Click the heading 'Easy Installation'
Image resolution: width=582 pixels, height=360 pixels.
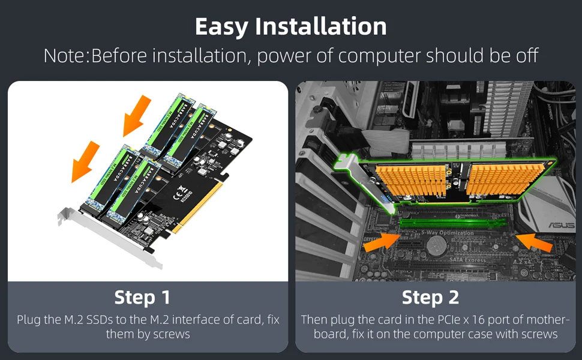point(291,27)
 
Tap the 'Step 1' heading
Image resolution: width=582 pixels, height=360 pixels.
point(142,298)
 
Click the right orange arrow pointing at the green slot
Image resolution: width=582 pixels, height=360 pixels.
point(534,241)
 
